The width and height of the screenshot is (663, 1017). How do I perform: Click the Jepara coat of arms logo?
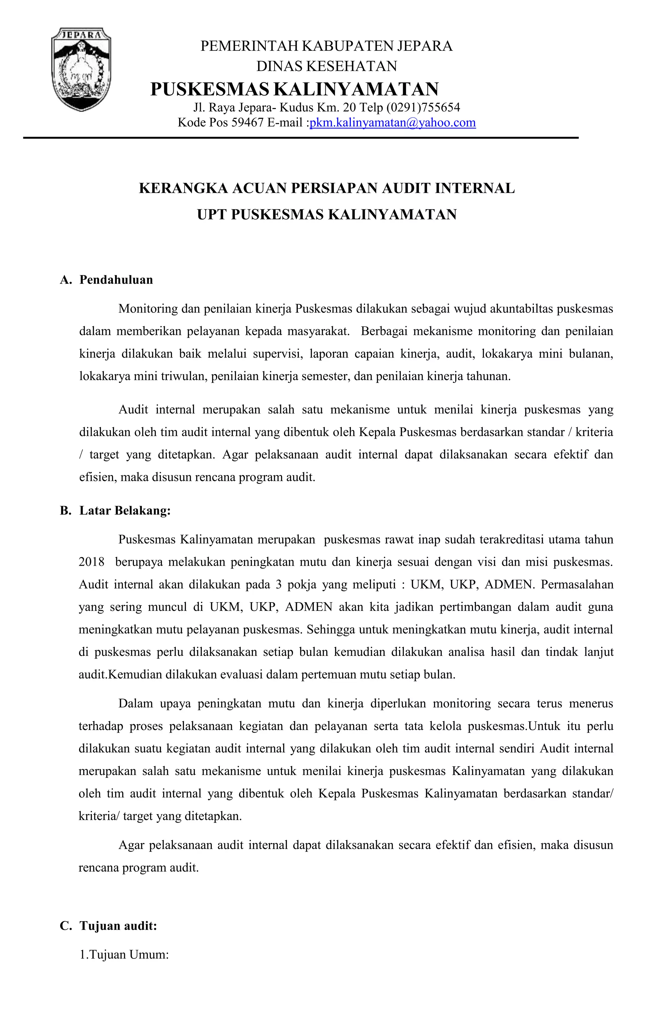(x=81, y=69)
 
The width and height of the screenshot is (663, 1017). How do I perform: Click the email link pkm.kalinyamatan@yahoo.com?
(x=392, y=123)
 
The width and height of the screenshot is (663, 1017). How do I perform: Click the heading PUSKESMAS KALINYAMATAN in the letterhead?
(x=294, y=89)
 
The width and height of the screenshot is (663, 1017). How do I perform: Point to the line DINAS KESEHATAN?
(x=327, y=66)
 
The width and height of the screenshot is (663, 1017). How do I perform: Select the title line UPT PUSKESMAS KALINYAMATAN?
(x=327, y=214)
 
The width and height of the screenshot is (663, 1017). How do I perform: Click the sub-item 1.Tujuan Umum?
(x=124, y=954)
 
